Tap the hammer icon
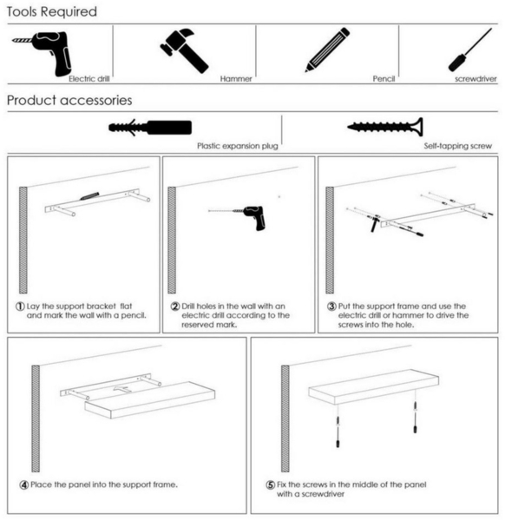[184, 50]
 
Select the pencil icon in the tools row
[327, 50]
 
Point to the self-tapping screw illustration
[384, 127]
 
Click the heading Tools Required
[51, 12]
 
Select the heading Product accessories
[69, 100]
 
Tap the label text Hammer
[236, 79]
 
